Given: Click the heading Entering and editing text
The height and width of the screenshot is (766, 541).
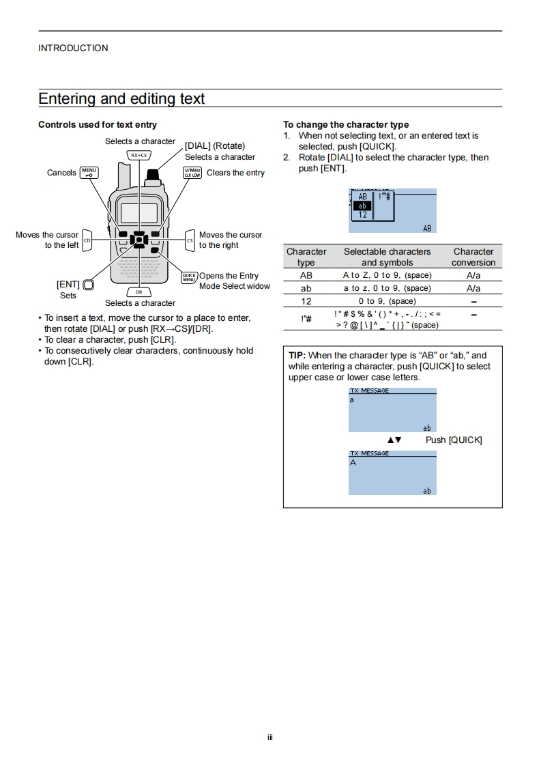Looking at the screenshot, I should [121, 99].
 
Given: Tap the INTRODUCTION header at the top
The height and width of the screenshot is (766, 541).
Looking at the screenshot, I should [73, 48].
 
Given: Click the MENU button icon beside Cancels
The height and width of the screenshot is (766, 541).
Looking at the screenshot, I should [89, 173].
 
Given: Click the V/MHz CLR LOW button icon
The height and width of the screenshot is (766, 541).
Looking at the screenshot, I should [192, 173].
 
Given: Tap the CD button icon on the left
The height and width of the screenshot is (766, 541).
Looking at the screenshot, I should [87, 240].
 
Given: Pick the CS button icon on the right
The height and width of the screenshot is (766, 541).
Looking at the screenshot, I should [190, 240].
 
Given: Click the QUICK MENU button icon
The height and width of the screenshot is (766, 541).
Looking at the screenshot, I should [189, 277].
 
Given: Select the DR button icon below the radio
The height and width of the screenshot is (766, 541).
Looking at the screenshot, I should [138, 292].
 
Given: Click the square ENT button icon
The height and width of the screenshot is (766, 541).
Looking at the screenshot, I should [88, 285].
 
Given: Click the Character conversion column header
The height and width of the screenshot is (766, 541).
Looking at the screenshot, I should [473, 257].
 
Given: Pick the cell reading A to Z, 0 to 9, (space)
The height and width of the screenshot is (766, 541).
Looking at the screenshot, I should [387, 275].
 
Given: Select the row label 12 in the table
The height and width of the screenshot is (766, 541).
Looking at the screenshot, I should [306, 301].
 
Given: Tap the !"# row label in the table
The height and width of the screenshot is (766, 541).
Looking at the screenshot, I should [306, 319].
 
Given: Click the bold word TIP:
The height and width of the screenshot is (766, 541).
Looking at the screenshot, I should [297, 356].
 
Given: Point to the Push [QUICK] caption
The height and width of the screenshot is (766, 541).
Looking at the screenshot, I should [454, 440].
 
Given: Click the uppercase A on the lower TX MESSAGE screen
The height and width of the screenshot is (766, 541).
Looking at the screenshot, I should [353, 463].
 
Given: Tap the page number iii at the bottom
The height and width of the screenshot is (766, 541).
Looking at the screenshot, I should [270, 737].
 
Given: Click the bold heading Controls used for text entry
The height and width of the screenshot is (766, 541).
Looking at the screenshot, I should [98, 125].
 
